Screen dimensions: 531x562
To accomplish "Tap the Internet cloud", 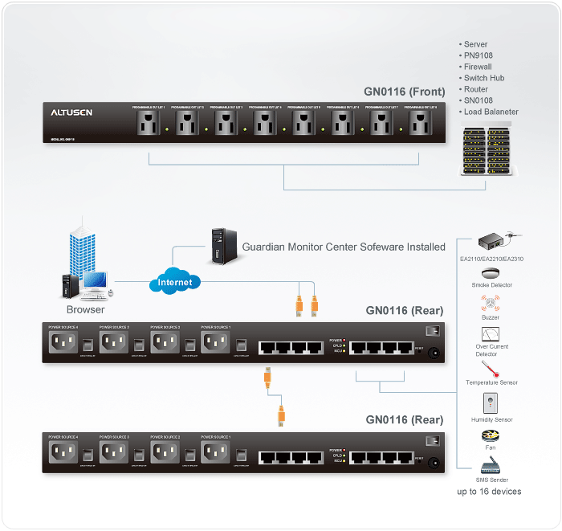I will pyautogui.click(x=174, y=282).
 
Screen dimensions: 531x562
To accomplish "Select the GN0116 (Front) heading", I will pyautogui.click(x=400, y=92).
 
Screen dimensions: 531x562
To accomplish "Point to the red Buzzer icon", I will pyautogui.click(x=491, y=304).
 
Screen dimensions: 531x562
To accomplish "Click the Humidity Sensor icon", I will pyautogui.click(x=491, y=403).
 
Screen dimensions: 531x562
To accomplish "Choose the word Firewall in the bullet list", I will pyautogui.click(x=477, y=67).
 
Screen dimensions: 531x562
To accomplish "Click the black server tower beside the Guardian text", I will pyautogui.click(x=218, y=246).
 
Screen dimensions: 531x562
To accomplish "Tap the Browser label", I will pyautogui.click(x=85, y=309).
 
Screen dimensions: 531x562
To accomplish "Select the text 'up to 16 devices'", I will pyautogui.click(x=489, y=491).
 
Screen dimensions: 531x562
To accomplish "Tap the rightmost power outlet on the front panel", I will pyautogui.click(x=422, y=124).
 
